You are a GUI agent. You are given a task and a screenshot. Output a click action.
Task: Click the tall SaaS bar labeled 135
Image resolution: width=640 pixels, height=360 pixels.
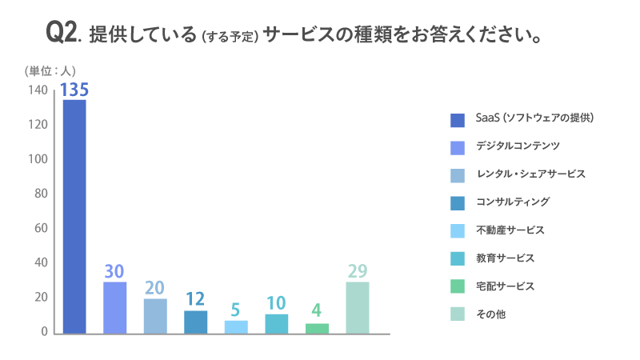(74, 216)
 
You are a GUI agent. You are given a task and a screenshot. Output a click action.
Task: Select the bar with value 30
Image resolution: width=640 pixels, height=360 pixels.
(115, 307)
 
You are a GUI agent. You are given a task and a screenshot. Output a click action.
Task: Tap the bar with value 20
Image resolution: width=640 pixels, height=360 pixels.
(155, 315)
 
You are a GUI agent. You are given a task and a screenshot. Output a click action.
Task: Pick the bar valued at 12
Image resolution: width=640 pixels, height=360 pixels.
(196, 322)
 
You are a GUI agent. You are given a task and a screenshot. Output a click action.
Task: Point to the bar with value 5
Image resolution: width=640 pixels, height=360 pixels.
(237, 326)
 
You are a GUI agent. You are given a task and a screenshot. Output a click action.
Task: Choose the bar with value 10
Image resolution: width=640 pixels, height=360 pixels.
(277, 323)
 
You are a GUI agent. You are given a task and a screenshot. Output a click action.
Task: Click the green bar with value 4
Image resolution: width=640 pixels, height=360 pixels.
(318, 328)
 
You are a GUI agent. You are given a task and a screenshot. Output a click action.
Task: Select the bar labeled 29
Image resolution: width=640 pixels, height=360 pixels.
(358, 307)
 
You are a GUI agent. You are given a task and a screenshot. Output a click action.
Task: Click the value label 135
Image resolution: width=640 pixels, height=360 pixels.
(74, 89)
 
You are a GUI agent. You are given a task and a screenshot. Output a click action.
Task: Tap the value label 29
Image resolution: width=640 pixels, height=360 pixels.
(358, 271)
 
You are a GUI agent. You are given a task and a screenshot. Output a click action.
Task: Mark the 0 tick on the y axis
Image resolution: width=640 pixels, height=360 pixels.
(45, 331)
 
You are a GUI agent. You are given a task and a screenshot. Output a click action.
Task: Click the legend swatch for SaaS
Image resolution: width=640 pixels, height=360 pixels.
(458, 120)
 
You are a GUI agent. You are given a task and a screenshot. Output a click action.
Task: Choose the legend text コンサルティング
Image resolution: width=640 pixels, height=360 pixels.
(513, 202)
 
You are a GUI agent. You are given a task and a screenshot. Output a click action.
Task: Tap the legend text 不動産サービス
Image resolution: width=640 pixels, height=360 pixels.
(510, 230)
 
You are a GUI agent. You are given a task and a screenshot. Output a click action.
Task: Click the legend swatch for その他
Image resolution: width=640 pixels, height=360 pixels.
(458, 314)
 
